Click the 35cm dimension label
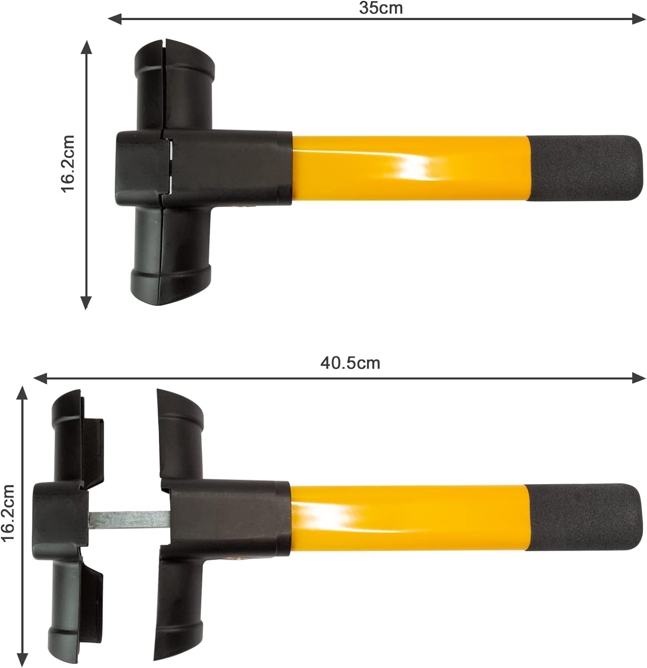coord(380,8)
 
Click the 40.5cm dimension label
coord(350,363)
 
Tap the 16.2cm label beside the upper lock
coord(68,164)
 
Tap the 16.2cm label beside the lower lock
coord(8,513)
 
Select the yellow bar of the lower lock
coord(409,517)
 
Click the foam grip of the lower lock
coord(584,517)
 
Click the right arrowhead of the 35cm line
coord(639,18)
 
